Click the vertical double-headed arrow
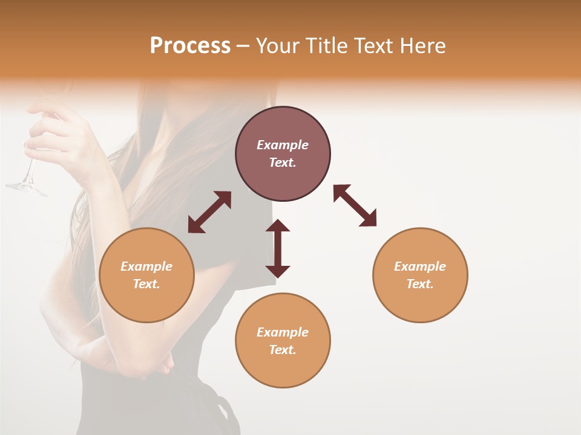click(278, 248)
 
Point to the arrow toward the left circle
click(209, 212)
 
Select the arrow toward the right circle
click(355, 205)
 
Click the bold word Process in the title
click(190, 46)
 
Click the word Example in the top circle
click(283, 145)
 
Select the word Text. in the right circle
click(420, 283)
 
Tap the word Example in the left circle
click(146, 266)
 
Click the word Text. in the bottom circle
click(283, 349)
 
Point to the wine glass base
click(25, 188)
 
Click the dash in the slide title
click(243, 46)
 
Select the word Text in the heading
click(374, 46)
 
